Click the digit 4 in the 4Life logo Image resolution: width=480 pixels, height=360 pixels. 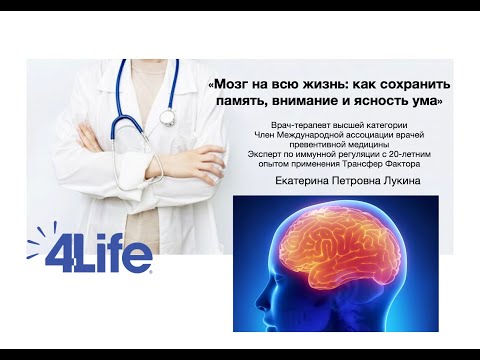[63, 253]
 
